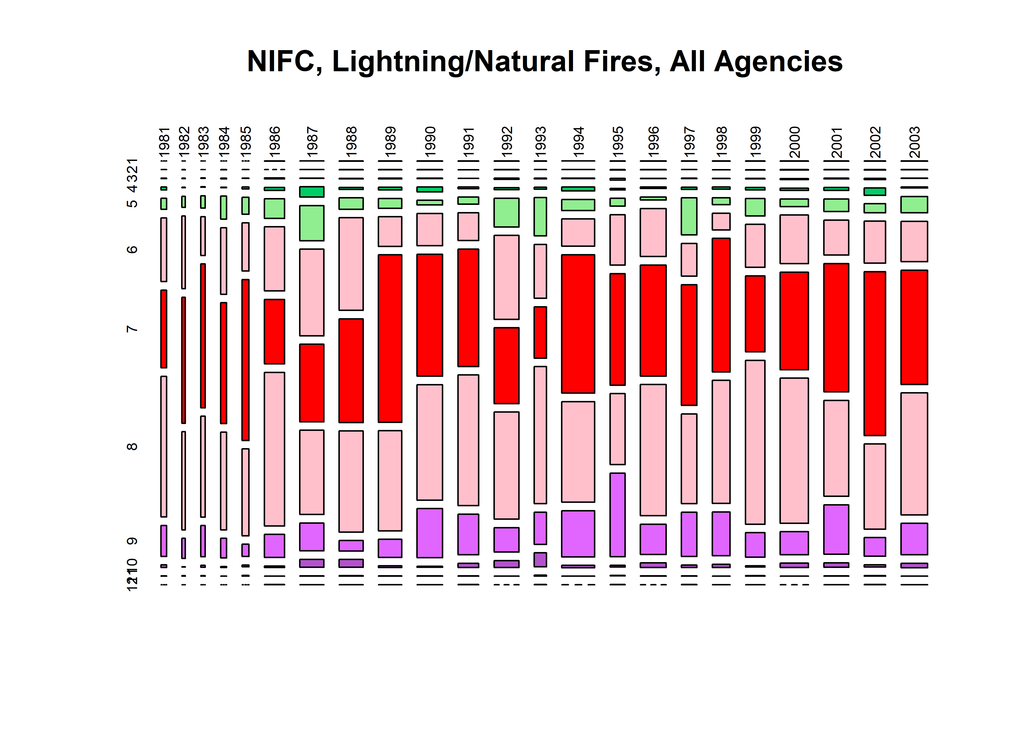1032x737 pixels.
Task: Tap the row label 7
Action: tap(132, 328)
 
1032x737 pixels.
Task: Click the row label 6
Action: tap(132, 249)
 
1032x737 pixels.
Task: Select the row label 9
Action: tap(132, 541)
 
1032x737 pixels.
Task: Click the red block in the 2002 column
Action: tap(874, 354)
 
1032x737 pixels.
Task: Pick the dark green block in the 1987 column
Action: tap(312, 192)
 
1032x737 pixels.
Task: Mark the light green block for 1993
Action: tap(540, 216)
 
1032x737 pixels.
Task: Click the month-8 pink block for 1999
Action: tap(755, 442)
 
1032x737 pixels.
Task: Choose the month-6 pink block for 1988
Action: tap(351, 264)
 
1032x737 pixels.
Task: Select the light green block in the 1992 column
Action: tap(506, 213)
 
